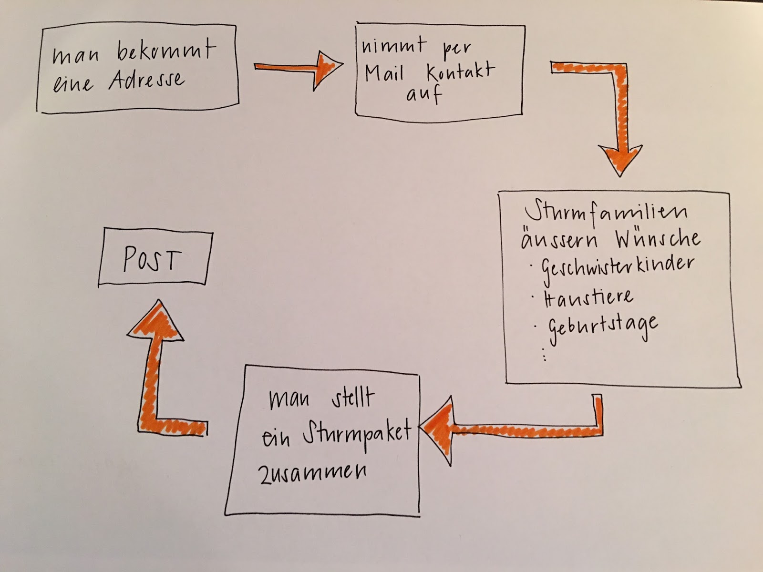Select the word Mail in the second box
pos(384,74)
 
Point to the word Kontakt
pos(461,72)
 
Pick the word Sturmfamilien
pos(606,212)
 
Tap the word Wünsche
pos(658,238)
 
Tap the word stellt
pos(353,398)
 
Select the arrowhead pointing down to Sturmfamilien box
pos(620,160)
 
